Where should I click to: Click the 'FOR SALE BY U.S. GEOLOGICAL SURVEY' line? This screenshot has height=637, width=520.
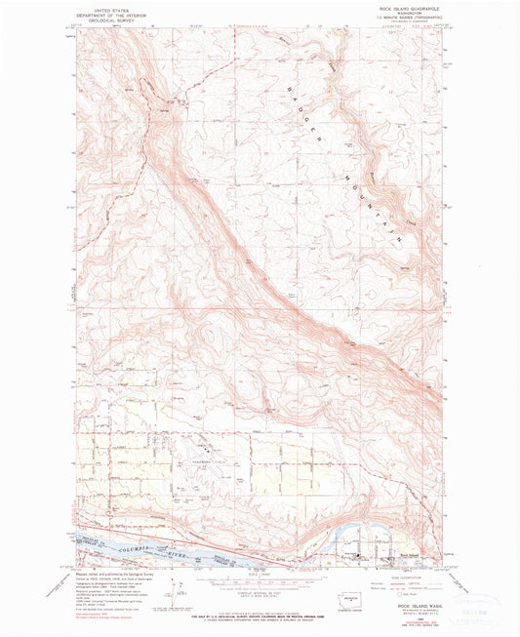pyautogui.click(x=256, y=612)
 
